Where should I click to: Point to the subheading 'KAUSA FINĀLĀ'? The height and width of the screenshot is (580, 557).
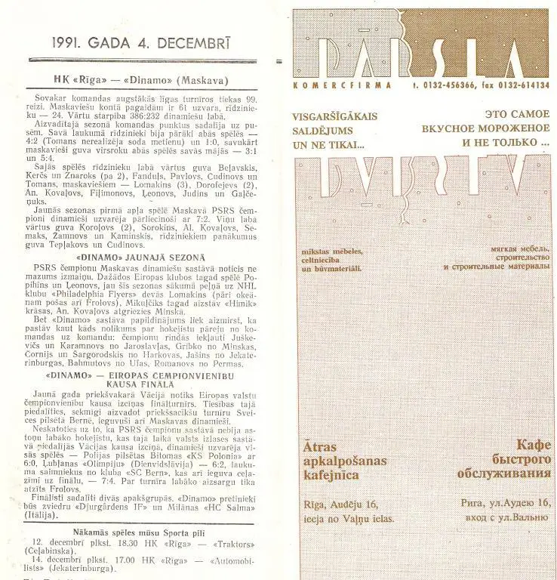(141, 384)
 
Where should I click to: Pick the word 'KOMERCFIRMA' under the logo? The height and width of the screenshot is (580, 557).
(342, 85)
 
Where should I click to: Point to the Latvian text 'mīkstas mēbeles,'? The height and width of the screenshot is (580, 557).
(332, 251)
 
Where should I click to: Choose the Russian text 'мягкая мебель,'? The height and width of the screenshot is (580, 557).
(515, 250)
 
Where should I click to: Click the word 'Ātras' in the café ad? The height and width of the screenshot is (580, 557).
(323, 446)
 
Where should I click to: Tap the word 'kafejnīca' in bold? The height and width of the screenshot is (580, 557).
(330, 475)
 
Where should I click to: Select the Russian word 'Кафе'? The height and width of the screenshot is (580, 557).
(532, 446)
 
